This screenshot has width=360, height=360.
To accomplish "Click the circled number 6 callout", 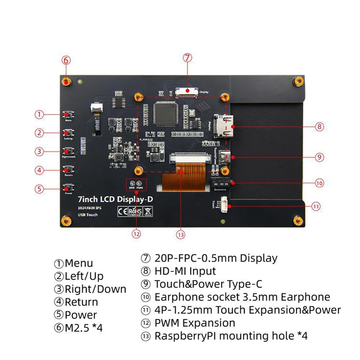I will pos(66,60).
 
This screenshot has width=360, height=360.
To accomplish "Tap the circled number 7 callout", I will pos(188,58).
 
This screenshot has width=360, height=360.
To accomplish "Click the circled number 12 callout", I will pos(136,234).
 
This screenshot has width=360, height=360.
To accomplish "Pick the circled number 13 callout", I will pos(181,234).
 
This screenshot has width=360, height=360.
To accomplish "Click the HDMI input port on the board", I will pos(223,126).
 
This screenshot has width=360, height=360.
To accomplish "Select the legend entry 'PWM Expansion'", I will pos(195,323).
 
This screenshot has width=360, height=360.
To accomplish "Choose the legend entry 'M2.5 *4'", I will pos(84,328).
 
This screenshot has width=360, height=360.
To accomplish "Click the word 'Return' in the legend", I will pos(81,302).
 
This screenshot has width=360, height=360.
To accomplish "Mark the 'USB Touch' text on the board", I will pos(88,215).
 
